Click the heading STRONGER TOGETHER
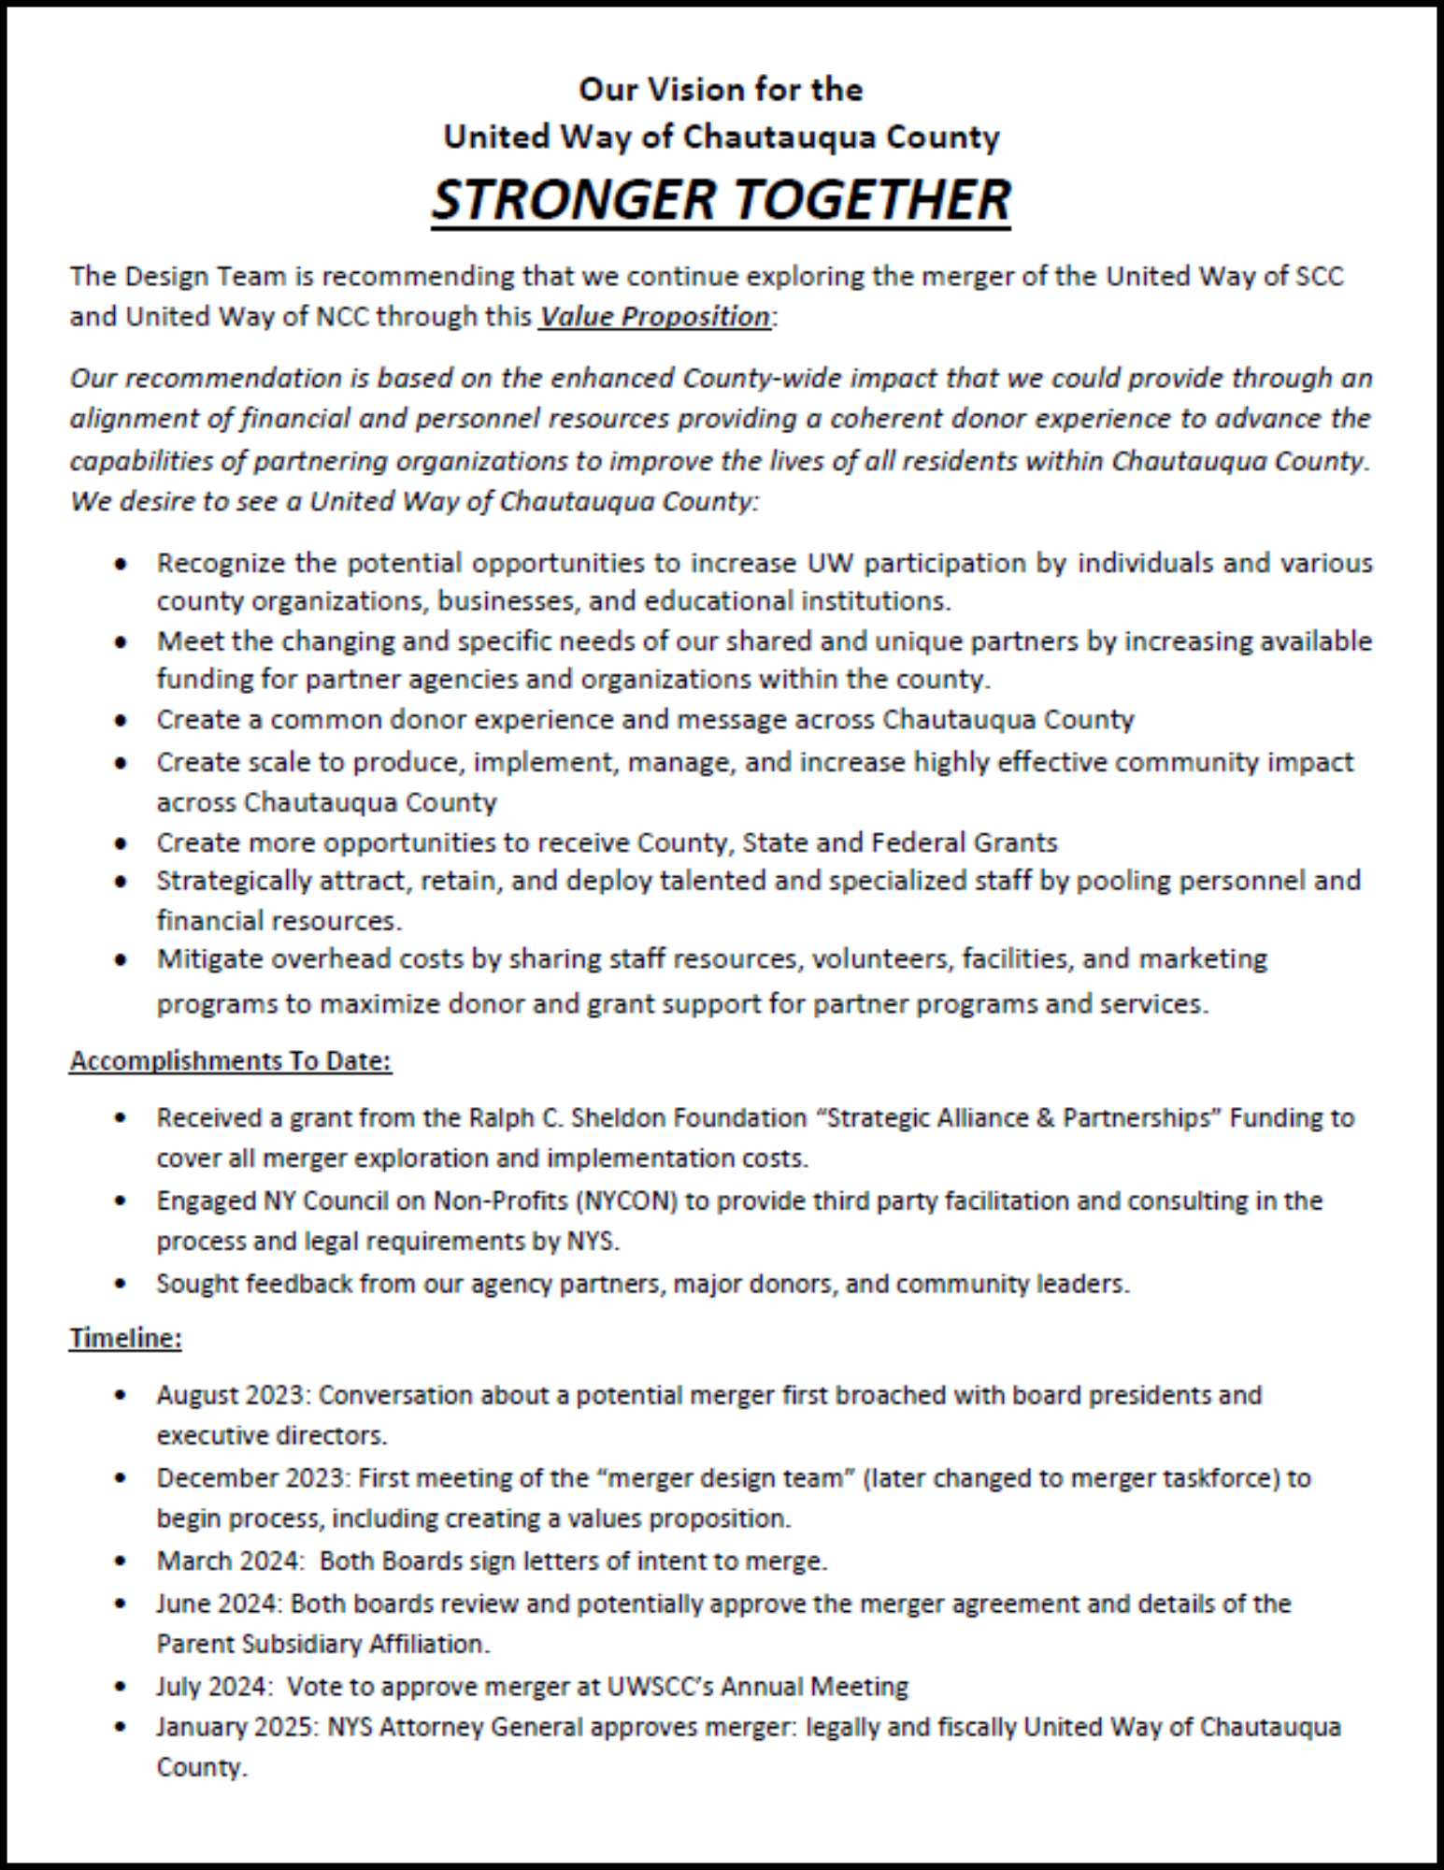coord(721,199)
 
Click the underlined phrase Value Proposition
coord(655,317)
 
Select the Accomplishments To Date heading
coord(231,1061)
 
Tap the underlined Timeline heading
coord(125,1338)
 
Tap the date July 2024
coord(214,1686)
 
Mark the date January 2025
coord(237,1727)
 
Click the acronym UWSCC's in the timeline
coord(659,1686)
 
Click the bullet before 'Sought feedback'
coord(120,1284)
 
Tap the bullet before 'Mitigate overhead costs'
coord(120,959)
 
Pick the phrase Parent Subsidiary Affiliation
coord(322,1644)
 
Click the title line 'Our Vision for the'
coord(721,90)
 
